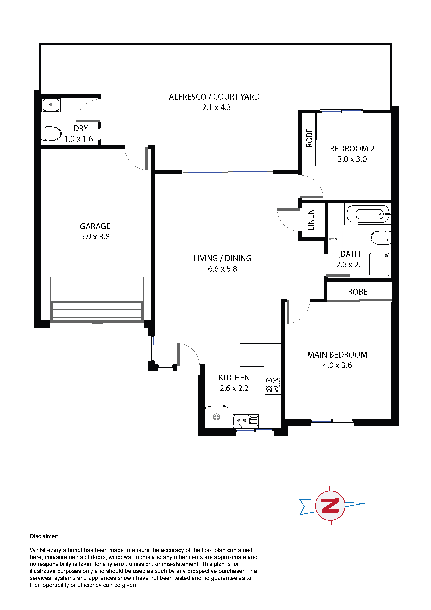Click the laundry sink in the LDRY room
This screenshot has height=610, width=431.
point(51,105)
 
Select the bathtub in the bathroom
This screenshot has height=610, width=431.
point(368,214)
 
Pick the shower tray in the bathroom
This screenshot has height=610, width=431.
point(379,264)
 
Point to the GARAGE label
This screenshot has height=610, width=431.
point(95,226)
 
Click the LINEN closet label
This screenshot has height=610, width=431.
point(311,220)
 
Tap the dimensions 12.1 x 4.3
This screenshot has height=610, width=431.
point(214,107)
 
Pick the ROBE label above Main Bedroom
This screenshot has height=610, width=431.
point(358,292)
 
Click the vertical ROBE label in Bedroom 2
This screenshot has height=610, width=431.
point(309,138)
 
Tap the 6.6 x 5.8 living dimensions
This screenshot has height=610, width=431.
point(222,269)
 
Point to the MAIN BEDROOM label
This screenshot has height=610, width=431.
point(337,355)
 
